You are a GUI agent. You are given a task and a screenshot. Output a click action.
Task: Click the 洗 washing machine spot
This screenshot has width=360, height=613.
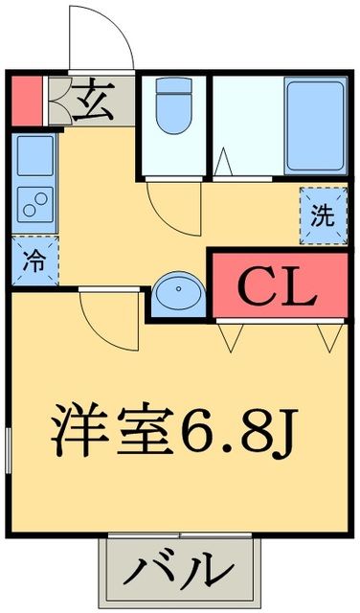pyautogui.click(x=322, y=213)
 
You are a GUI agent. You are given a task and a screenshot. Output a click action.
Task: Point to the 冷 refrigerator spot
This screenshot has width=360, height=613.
pyautogui.click(x=34, y=259)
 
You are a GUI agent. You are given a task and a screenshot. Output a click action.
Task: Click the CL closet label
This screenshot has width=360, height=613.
pyautogui.click(x=276, y=285)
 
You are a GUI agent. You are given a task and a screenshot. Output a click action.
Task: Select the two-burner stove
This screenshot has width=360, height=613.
pyautogui.click(x=34, y=203)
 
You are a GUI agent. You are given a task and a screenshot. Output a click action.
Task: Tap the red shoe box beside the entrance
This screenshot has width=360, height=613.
pyautogui.click(x=26, y=101)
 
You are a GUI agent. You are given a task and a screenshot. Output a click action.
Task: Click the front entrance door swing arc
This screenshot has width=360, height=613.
pyautogui.click(x=101, y=38)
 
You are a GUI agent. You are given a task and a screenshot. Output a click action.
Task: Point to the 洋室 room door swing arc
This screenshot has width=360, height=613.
pyautogui.click(x=107, y=321)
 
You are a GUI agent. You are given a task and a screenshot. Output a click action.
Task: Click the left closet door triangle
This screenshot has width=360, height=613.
pyautogui.click(x=231, y=335)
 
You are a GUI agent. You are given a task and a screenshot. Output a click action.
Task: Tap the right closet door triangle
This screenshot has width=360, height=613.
pyautogui.click(x=330, y=335)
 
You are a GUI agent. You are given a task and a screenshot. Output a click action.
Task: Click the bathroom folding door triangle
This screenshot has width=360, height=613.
pyautogui.click(x=223, y=164)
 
